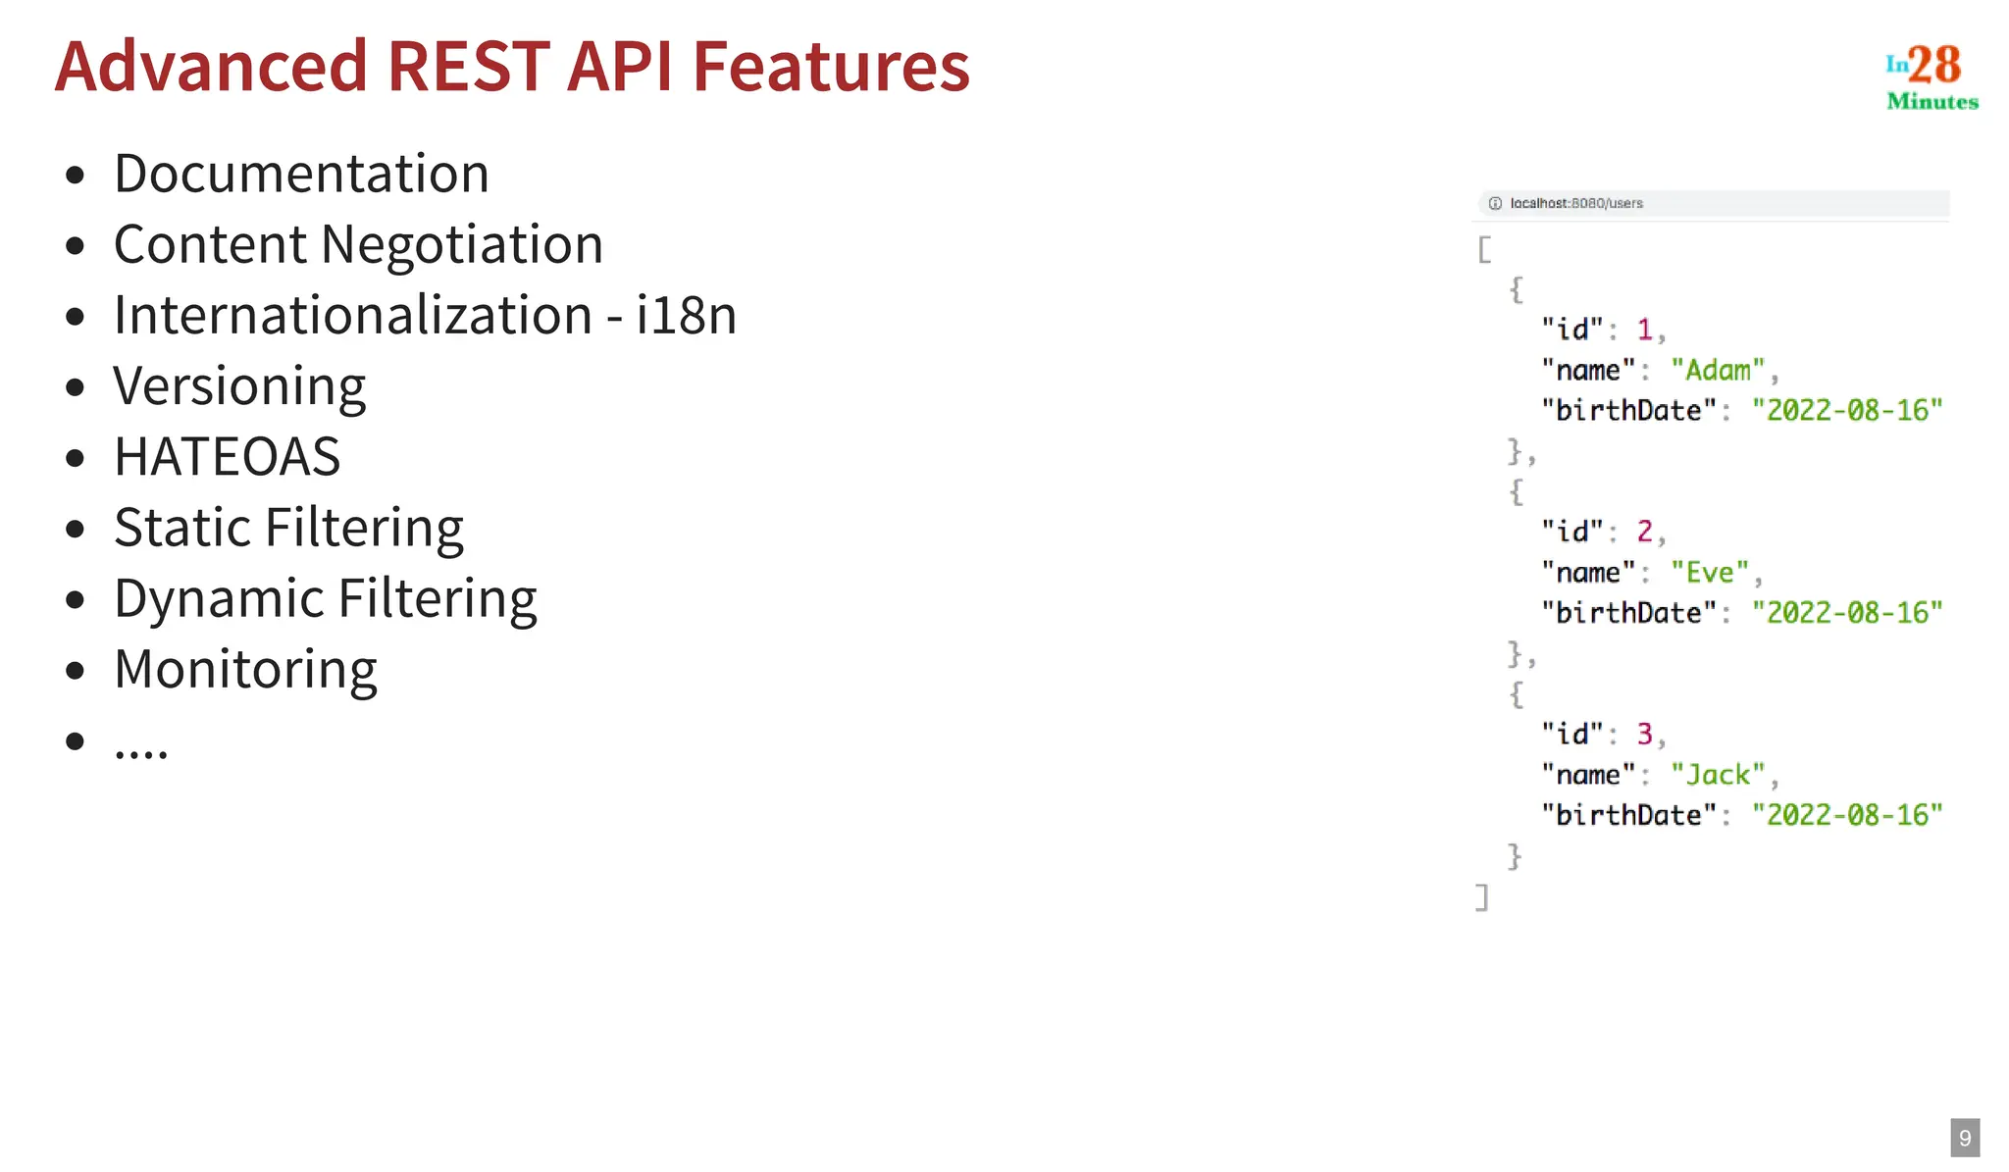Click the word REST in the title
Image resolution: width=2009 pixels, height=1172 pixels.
pos(468,67)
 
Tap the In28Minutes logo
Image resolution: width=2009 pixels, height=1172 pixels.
pos(1931,76)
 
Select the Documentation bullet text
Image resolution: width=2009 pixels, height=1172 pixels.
pos(301,174)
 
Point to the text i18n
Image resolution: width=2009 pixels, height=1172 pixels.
pos(686,315)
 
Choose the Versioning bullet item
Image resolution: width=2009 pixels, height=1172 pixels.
pos(239,386)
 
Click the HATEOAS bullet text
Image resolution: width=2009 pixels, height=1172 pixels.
pos(227,457)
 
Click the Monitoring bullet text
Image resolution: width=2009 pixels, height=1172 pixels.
pos(245,670)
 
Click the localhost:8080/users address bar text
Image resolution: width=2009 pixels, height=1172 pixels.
pos(1575,203)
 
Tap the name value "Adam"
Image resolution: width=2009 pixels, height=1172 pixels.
pos(1718,371)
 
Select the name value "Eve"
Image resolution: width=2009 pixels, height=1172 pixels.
pos(1710,573)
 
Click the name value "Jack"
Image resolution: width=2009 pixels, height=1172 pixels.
pos(1718,775)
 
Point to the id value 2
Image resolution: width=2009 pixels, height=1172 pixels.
pos(1645,532)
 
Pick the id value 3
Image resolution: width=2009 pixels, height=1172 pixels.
pos(1645,734)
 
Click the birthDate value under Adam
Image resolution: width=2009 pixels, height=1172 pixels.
pos(1846,411)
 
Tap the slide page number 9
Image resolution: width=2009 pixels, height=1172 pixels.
pos(1964,1138)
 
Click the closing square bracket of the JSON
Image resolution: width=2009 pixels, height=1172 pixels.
pos(1482,896)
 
